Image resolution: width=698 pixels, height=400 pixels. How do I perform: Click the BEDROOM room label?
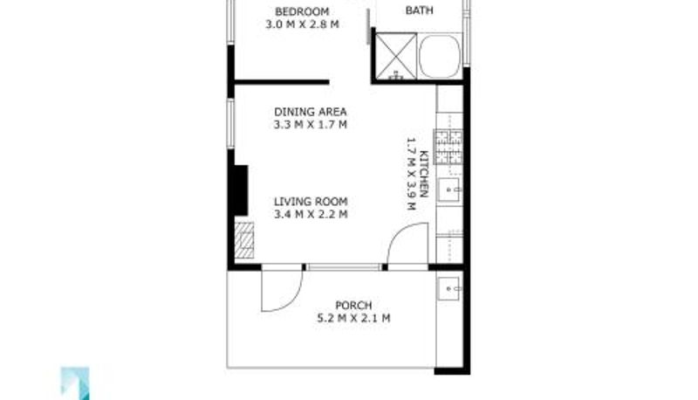(x=302, y=11)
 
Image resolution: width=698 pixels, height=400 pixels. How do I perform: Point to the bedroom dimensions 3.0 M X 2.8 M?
(x=302, y=24)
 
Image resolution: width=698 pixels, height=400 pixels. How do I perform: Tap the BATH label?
(x=419, y=10)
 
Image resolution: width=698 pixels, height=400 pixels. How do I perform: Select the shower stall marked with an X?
(x=396, y=57)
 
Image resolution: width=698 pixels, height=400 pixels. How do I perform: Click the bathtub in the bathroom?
(x=440, y=56)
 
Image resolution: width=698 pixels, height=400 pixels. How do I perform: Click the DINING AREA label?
(x=311, y=112)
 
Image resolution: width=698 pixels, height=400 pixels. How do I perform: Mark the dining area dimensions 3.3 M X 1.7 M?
(x=311, y=125)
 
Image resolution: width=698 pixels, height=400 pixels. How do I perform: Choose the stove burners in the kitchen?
(x=448, y=147)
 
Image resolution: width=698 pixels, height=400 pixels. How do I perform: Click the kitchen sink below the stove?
(x=448, y=190)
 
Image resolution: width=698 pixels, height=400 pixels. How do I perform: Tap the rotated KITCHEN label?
(x=424, y=174)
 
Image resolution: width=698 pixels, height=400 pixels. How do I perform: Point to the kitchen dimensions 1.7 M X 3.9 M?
(x=411, y=174)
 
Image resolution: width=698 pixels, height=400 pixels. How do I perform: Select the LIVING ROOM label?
(x=311, y=202)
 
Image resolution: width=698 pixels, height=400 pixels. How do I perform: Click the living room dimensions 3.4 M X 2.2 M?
(x=311, y=215)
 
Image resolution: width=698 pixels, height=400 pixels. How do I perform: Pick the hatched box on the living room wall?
(x=244, y=240)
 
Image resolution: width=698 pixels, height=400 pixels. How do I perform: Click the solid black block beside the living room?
(x=241, y=190)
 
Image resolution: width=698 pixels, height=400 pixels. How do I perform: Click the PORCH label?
(x=353, y=306)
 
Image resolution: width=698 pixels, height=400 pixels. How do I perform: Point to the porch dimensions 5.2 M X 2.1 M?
(x=353, y=319)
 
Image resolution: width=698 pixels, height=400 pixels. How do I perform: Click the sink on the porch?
(x=448, y=288)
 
